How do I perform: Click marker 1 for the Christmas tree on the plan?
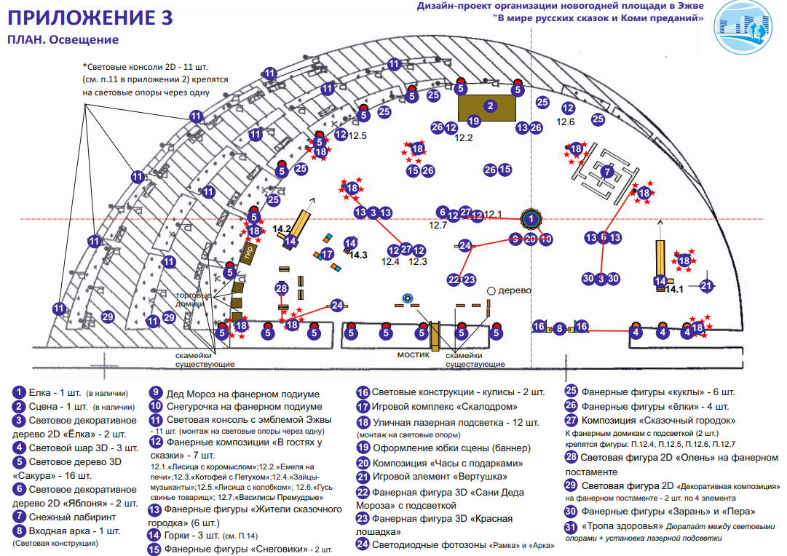click(x=532, y=218)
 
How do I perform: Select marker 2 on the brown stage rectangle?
click(x=491, y=106)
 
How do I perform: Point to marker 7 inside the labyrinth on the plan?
click(x=608, y=171)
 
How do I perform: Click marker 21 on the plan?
click(x=705, y=286)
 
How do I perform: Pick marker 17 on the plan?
click(x=328, y=254)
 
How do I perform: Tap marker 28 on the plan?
click(x=282, y=288)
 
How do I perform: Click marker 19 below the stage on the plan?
click(x=474, y=122)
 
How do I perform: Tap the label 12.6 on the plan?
click(x=566, y=122)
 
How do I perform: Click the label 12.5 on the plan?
click(x=357, y=135)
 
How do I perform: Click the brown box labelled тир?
click(x=249, y=255)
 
